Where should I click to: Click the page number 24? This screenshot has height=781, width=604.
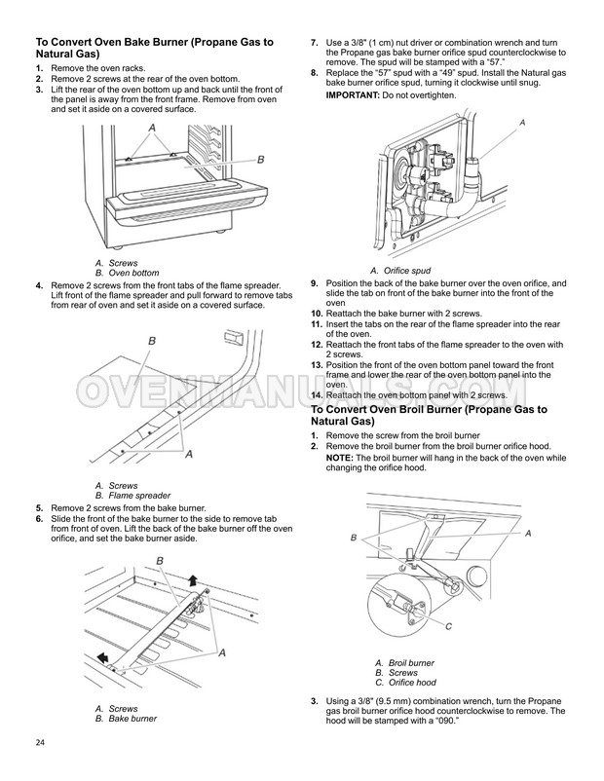click(x=40, y=745)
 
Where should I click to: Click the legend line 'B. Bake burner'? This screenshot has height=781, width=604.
click(x=126, y=718)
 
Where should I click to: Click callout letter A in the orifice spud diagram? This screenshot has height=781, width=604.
click(x=522, y=123)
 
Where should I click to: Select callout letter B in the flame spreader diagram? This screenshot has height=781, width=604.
click(x=152, y=340)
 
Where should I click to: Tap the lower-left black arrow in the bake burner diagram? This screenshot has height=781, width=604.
click(x=101, y=655)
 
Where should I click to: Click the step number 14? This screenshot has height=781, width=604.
click(x=316, y=395)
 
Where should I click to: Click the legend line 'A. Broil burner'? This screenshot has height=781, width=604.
click(x=404, y=663)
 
